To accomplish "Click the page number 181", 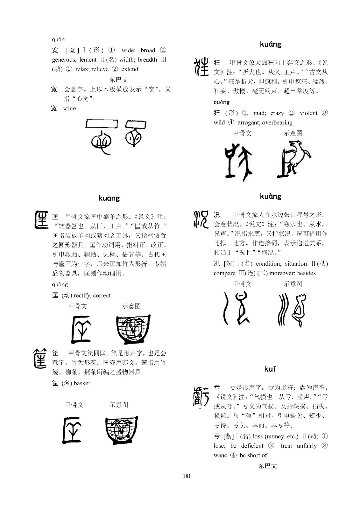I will (x=187, y=476).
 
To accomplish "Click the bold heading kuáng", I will (x=271, y=44).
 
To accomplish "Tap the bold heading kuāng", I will (x=109, y=198).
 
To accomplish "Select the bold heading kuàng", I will (x=271, y=196).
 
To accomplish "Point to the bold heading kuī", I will (x=270, y=369).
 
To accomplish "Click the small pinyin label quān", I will (x=58, y=40).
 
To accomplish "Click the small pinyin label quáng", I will (x=222, y=102).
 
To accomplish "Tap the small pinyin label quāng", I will (x=60, y=284).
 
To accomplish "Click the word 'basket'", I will (x=82, y=383).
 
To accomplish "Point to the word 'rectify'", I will (x=82, y=296).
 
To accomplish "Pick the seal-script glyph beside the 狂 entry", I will (x=201, y=67).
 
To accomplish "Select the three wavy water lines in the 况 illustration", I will (x=283, y=310).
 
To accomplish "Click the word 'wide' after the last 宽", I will (x=70, y=108).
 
